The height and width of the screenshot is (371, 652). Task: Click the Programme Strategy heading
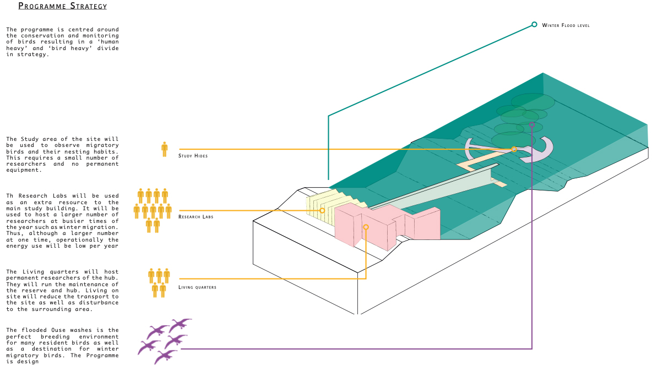point(62,7)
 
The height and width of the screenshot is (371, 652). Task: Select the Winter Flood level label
point(566,26)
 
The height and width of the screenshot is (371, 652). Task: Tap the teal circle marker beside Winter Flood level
point(534,24)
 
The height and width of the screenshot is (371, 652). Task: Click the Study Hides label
point(192,156)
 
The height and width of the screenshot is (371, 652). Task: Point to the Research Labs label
point(195,217)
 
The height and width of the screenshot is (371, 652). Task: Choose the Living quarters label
point(197,287)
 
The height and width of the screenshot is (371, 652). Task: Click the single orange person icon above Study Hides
point(164,149)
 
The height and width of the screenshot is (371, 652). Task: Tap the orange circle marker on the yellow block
point(322,210)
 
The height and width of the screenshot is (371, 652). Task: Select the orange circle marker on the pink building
point(366,227)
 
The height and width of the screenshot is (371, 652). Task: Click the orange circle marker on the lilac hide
point(514,149)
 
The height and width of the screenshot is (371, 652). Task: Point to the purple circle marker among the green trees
point(532,125)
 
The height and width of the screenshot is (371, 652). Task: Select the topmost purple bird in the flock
point(180,323)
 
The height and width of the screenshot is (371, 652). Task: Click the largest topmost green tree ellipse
point(533,102)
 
